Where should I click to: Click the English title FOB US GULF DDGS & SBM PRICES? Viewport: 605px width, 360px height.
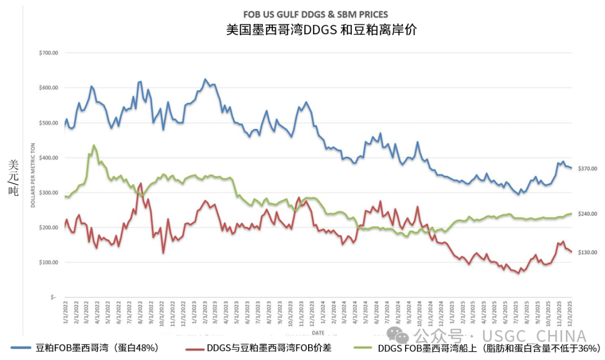(x=315, y=15)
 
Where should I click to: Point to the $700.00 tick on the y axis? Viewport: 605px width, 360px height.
(x=49, y=53)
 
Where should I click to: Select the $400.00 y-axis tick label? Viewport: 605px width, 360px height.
(x=49, y=158)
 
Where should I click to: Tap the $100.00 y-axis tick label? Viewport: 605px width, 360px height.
(x=49, y=263)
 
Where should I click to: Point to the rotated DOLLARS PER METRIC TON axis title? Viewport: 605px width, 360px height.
(x=34, y=175)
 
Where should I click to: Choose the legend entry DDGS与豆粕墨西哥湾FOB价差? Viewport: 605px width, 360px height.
(x=269, y=348)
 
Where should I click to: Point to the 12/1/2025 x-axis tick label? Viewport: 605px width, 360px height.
(x=570, y=315)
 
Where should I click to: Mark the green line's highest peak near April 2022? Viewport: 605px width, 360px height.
(x=93, y=145)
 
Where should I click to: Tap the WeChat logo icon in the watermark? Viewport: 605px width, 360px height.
(x=401, y=336)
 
